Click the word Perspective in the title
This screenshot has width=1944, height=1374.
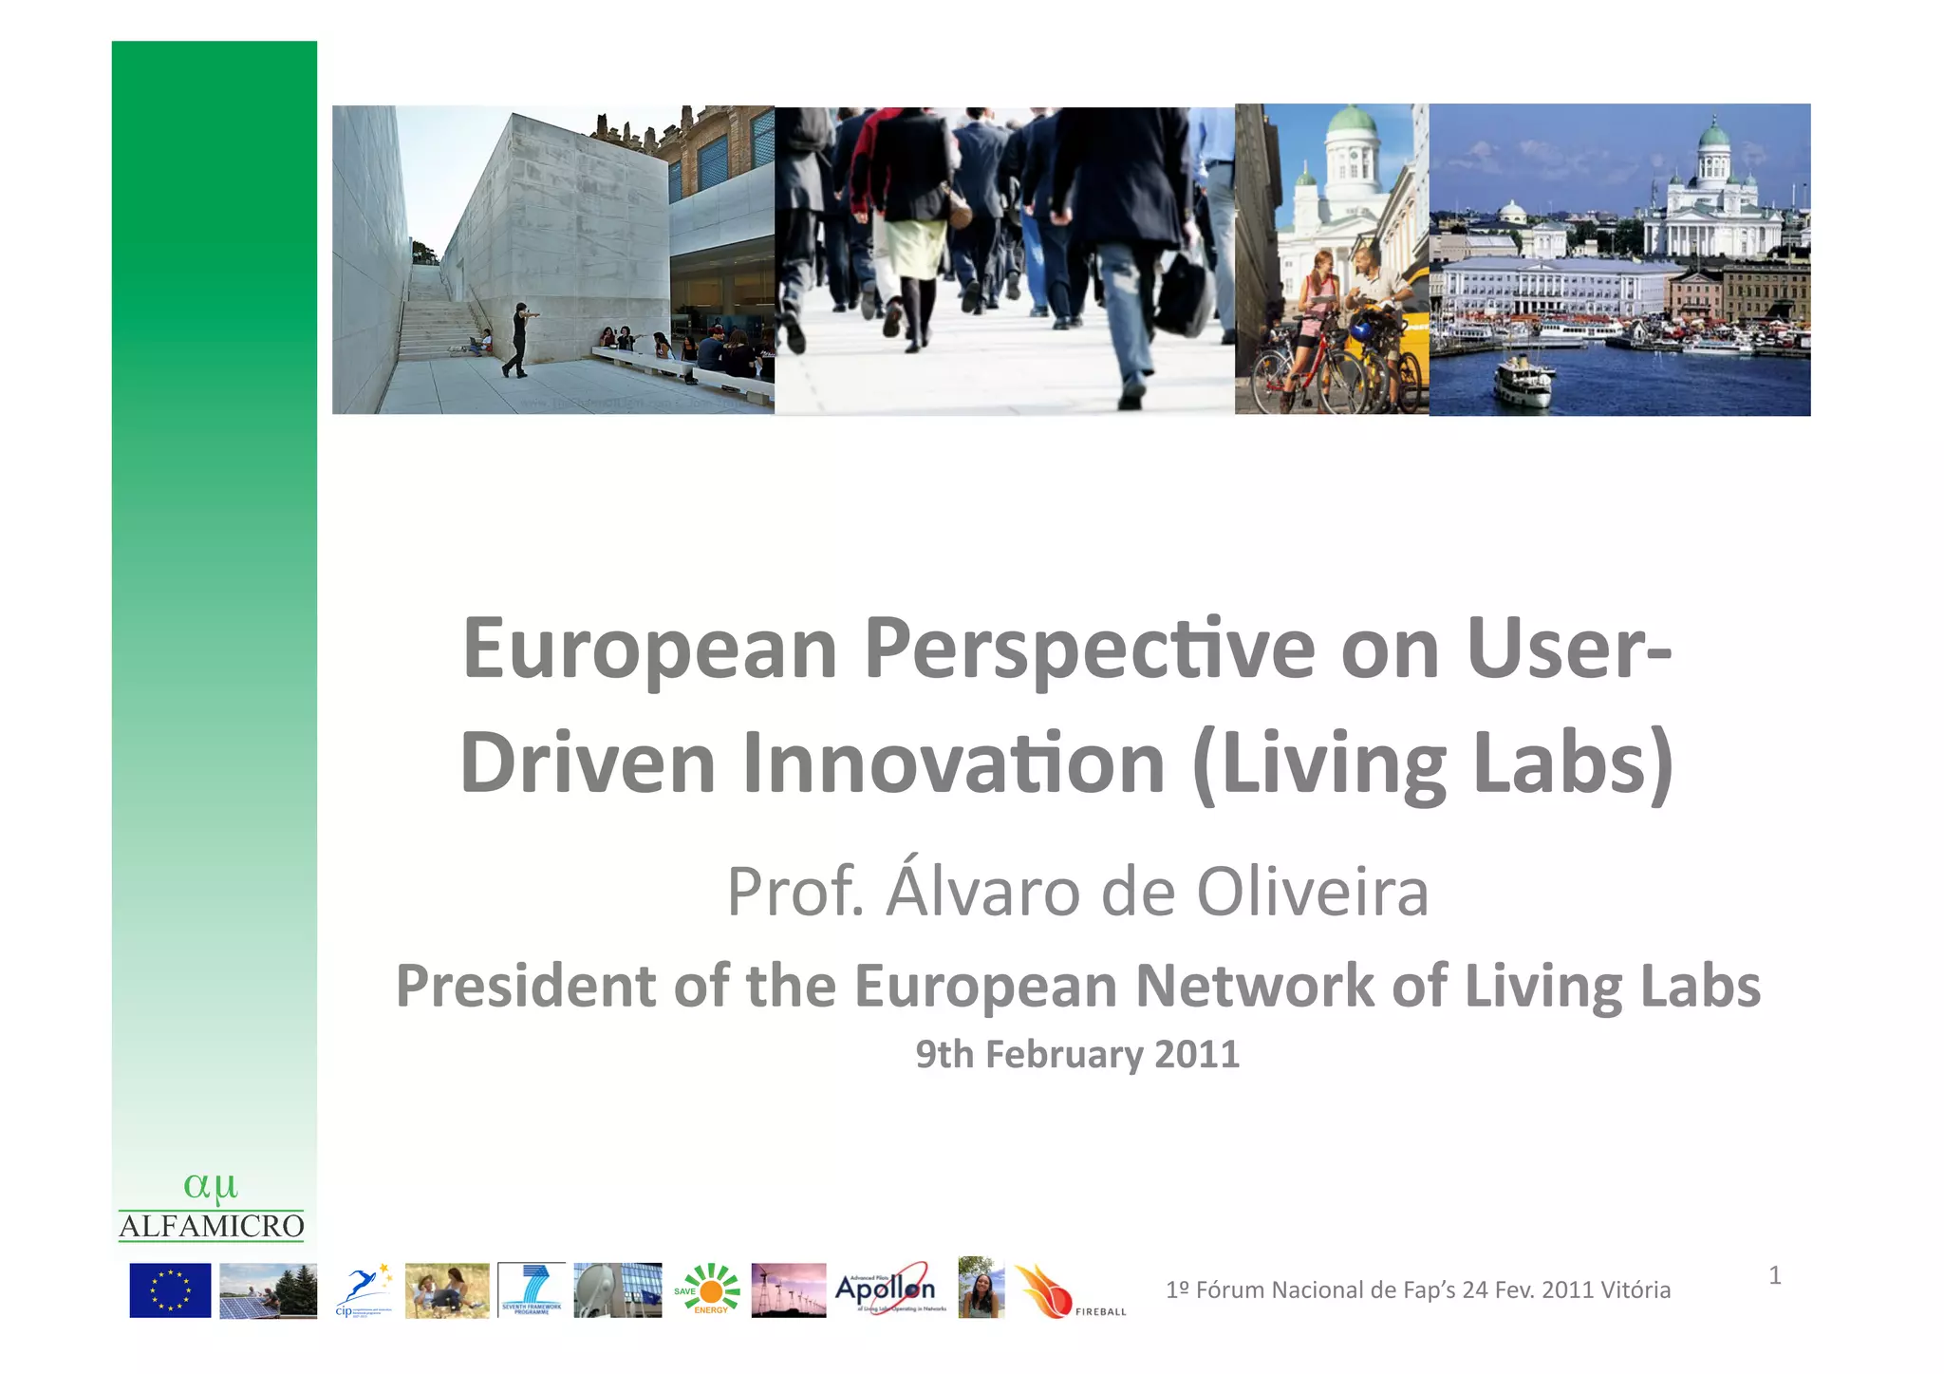point(1089,651)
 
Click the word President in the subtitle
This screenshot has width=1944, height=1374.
point(526,986)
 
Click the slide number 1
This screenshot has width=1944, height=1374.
point(1774,1275)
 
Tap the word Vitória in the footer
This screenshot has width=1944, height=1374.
point(1636,1289)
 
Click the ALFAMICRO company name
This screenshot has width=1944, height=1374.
point(211,1227)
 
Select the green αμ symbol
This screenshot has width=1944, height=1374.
point(210,1186)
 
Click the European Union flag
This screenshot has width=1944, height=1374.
point(170,1289)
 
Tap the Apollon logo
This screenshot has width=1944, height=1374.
point(885,1289)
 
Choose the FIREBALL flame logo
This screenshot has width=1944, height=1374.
point(1044,1291)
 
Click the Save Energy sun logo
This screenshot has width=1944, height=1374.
point(710,1289)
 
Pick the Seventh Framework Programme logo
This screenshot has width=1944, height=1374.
point(532,1289)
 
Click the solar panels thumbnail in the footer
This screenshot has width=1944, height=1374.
point(268,1290)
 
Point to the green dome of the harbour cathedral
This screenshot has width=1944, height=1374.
point(1713,134)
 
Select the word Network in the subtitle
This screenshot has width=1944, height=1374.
point(1254,986)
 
